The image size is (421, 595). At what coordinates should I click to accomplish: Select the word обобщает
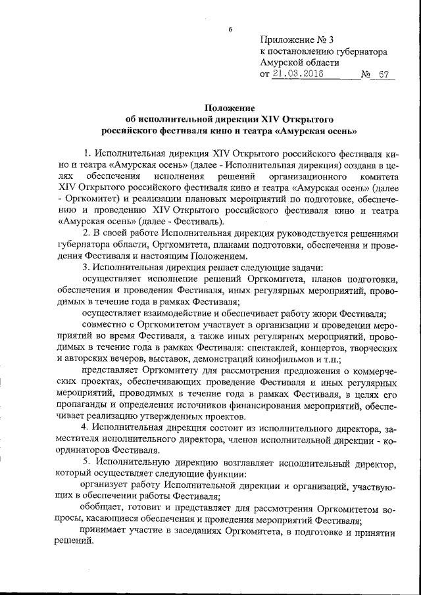coord(102,507)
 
